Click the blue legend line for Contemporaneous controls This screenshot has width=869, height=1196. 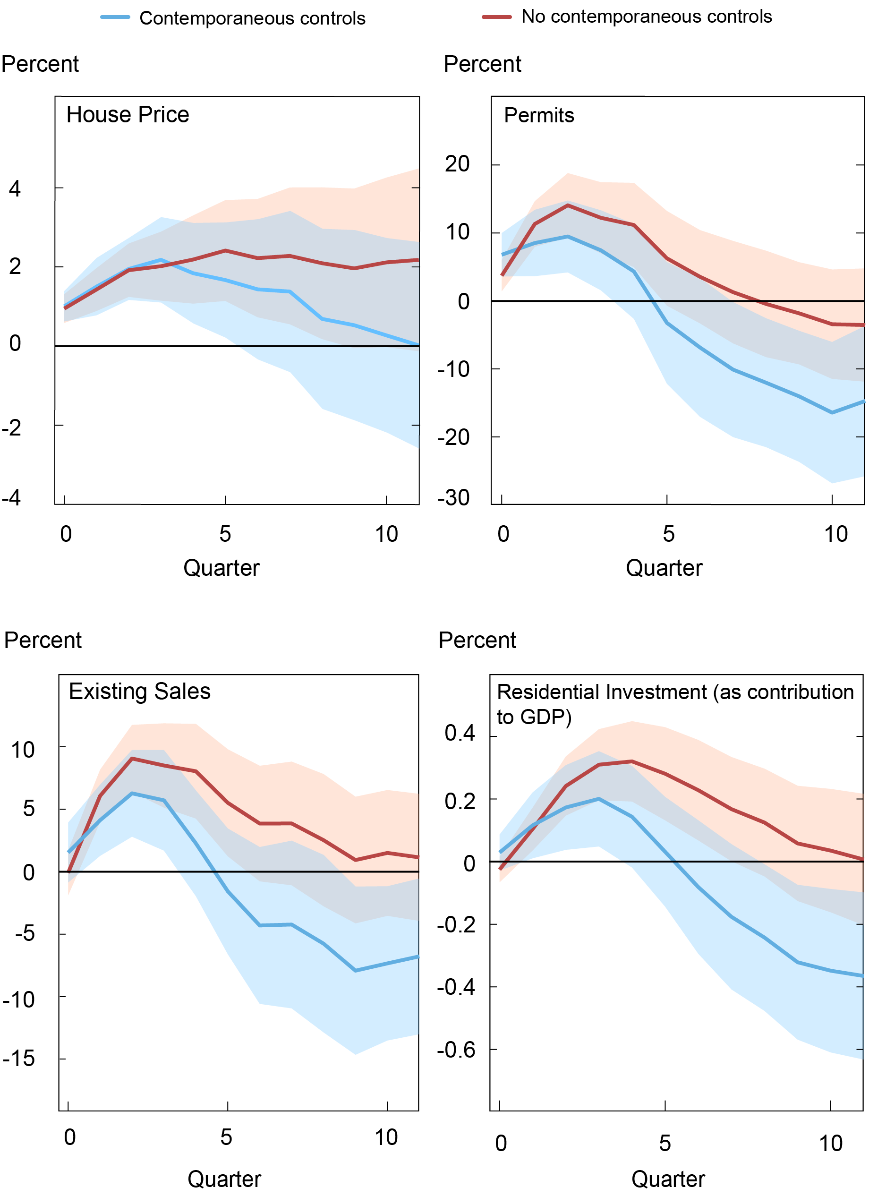(115, 17)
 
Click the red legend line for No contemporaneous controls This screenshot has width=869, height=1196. (496, 17)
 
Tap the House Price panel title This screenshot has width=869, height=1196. (128, 115)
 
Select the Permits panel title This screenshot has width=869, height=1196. (538, 115)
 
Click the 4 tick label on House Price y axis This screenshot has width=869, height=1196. (15, 189)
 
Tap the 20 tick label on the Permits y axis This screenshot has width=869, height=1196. (457, 164)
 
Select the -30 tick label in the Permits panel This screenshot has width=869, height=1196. (453, 498)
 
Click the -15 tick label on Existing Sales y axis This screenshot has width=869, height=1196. (19, 1059)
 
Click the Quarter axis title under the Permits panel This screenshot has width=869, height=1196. (664, 568)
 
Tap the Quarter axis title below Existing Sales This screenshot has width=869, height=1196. (224, 1179)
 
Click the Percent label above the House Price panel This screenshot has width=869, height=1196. (40, 64)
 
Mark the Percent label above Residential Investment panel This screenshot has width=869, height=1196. (477, 641)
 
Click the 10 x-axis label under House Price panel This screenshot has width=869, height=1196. (386, 535)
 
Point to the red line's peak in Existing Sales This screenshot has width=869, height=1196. (131, 758)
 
